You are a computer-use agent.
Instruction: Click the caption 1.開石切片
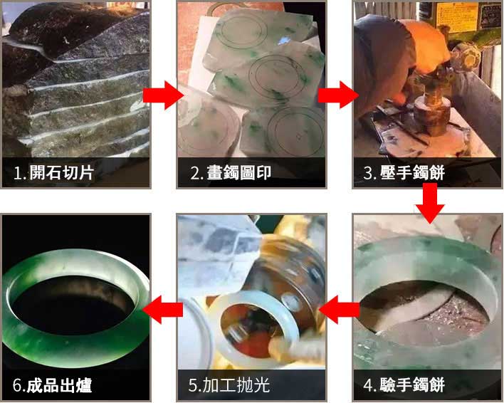coord(54,173)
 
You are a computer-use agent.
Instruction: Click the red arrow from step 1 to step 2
coord(164,95)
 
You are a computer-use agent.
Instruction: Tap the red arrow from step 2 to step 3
coord(339,95)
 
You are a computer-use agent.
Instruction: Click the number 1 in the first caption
coord(18,173)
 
